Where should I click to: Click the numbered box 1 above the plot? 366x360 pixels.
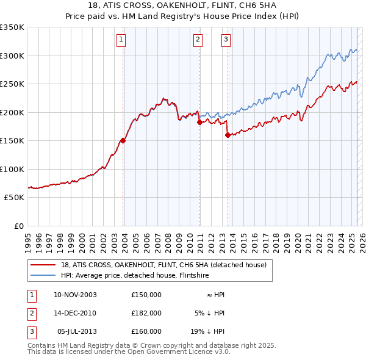coord(121,40)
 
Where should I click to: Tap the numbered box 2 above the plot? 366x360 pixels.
coord(198,40)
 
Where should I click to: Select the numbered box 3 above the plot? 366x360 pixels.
coord(226,40)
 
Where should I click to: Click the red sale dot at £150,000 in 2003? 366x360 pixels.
coord(123,140)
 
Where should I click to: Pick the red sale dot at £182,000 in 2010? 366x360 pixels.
coord(199,123)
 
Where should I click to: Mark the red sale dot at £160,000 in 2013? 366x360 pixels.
coord(228,135)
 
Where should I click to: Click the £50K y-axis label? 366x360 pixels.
coord(14,198)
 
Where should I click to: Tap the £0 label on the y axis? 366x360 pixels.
coord(18,226)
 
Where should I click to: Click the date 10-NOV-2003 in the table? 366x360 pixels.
coord(76,295)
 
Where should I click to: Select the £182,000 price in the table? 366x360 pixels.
coord(146,313)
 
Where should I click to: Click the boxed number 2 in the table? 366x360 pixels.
coord(31,313)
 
